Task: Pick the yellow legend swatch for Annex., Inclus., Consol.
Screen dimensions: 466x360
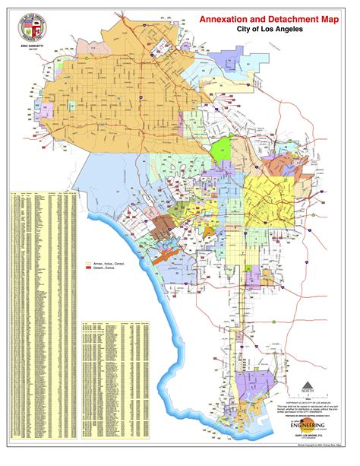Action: pyautogui.click(x=88, y=262)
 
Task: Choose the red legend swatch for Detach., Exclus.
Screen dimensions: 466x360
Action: pyautogui.click(x=88, y=268)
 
